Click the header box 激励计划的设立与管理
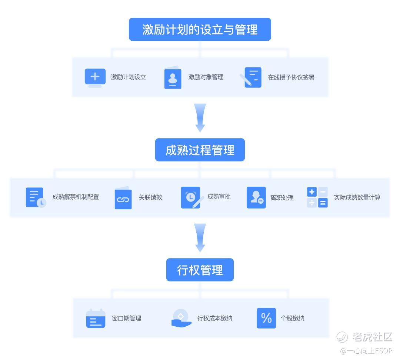click(200, 29)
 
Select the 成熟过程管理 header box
click(200, 150)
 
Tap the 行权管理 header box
click(200, 270)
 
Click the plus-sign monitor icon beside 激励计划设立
click(95, 78)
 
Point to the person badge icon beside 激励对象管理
click(173, 77)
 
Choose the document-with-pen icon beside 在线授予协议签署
click(251, 77)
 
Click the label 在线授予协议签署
click(291, 77)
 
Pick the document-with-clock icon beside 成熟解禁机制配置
click(36, 197)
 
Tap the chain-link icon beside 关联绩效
click(123, 198)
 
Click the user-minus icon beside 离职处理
click(256, 197)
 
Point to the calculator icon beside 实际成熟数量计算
click(317, 197)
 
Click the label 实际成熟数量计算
click(357, 197)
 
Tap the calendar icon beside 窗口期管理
click(96, 318)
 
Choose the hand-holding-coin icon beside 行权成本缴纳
click(181, 318)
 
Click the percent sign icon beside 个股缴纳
click(266, 318)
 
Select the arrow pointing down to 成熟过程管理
click(200, 118)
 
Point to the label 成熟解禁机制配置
click(76, 197)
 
